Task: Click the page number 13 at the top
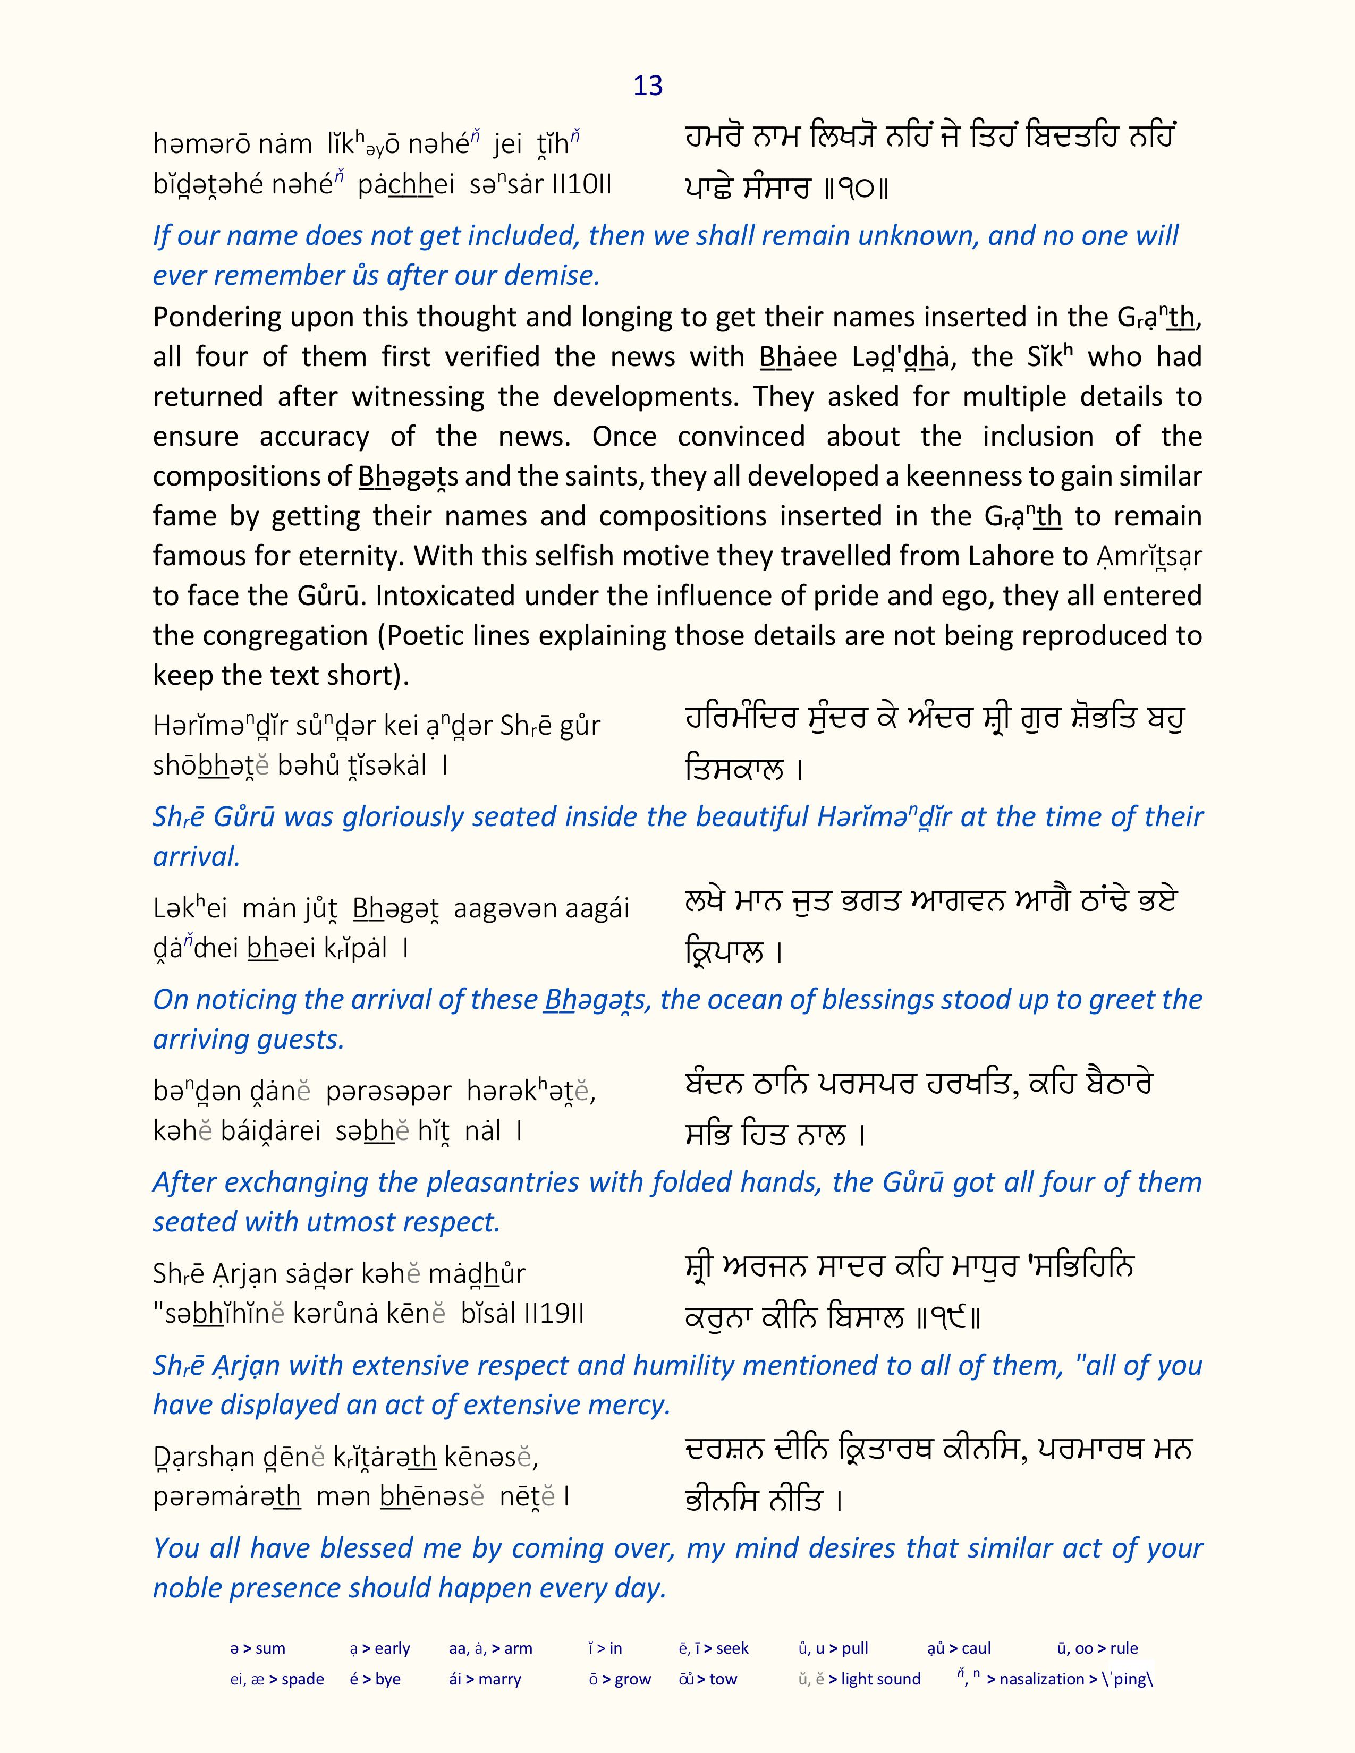(648, 86)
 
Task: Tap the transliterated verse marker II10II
(582, 185)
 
